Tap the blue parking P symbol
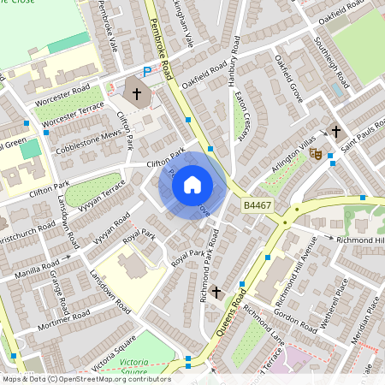point(147,71)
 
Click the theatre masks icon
point(315,154)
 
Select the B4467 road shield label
point(256,205)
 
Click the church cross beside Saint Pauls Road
point(336,132)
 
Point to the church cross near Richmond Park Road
point(216,293)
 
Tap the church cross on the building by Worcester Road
point(137,92)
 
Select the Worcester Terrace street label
point(73,115)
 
